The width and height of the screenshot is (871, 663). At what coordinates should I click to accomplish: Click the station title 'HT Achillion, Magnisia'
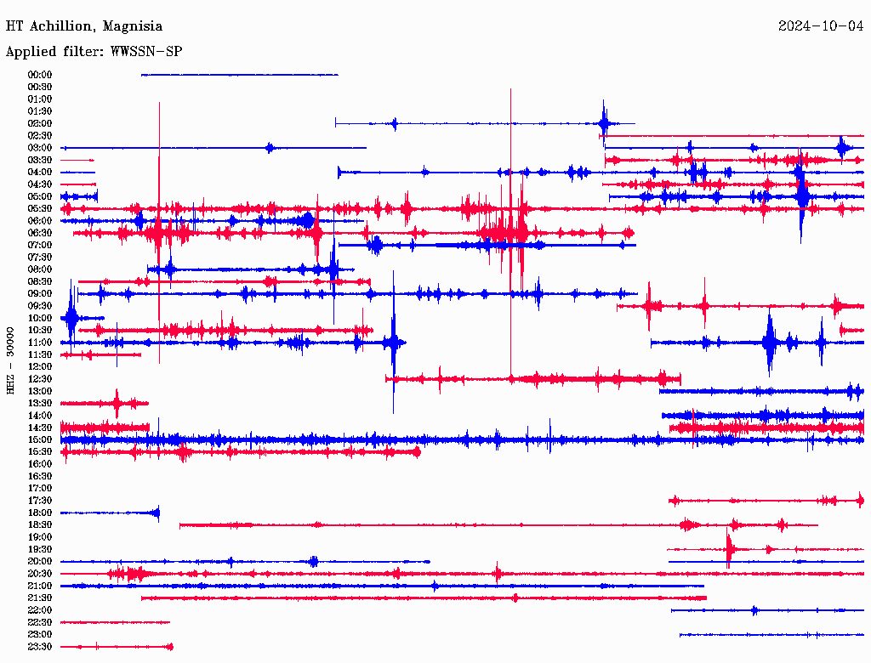(84, 26)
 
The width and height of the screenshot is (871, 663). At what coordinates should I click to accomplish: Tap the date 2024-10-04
(821, 26)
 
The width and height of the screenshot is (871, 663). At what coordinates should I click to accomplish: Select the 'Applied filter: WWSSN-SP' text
(94, 52)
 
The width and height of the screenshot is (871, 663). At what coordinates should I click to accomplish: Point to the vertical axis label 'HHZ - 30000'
(10, 360)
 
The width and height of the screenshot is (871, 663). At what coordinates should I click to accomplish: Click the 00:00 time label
(40, 75)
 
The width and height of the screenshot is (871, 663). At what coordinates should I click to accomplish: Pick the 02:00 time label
(40, 123)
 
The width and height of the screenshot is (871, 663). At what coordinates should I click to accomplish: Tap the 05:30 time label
(40, 208)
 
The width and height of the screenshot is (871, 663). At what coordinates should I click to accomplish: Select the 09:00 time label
(40, 293)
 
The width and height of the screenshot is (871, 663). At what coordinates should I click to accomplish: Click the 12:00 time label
(40, 366)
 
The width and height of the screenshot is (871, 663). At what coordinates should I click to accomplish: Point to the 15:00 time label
(40, 439)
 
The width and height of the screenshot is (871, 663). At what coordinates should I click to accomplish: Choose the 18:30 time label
(40, 524)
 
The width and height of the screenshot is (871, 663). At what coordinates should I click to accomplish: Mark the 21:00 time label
(40, 586)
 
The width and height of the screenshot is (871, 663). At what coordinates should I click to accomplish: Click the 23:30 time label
(40, 646)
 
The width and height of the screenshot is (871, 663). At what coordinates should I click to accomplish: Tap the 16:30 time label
(40, 476)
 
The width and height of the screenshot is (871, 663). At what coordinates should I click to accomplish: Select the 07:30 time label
(40, 257)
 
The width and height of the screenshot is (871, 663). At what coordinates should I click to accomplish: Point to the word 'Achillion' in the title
(61, 26)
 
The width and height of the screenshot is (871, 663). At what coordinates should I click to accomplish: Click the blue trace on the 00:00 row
(238, 75)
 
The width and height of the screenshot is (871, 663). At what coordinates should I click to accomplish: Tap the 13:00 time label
(40, 391)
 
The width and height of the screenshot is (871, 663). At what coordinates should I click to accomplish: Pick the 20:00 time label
(40, 561)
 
